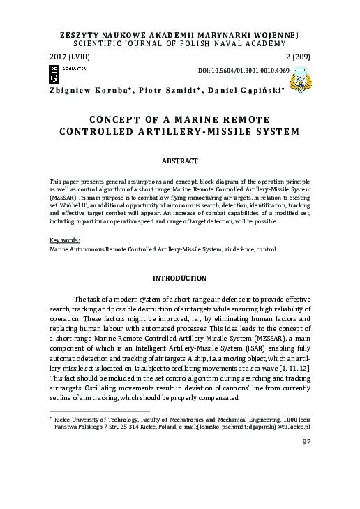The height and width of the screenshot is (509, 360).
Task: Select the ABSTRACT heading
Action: (180, 161)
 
